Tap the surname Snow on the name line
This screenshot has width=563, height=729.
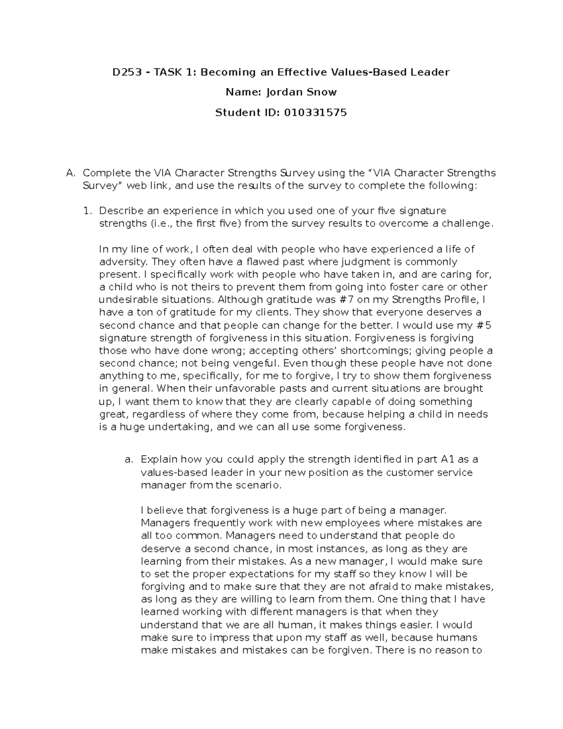tap(321, 92)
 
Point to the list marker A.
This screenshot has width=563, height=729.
tap(70, 173)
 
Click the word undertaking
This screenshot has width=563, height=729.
tap(182, 427)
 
